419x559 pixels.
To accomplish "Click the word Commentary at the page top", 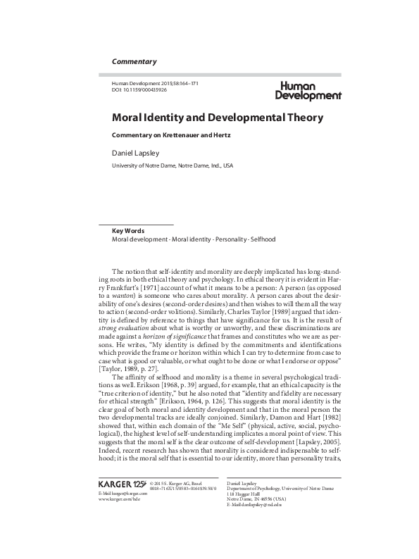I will click(134, 62).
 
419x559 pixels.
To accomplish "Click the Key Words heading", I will click(130, 230).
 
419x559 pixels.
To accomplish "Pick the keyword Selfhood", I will click(263, 239).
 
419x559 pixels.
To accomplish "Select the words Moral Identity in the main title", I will click(148, 116).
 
